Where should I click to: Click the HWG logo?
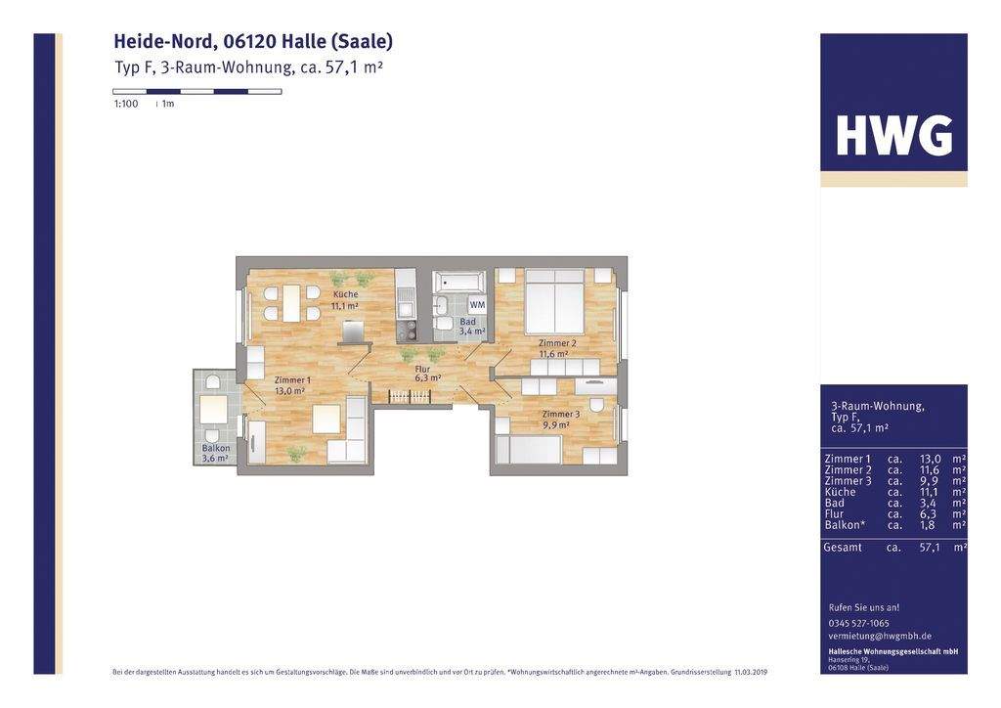click(x=893, y=136)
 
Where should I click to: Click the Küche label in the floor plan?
click(x=345, y=294)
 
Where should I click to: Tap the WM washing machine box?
click(x=477, y=305)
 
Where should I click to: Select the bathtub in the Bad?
click(x=458, y=283)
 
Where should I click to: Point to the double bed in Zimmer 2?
click(x=555, y=302)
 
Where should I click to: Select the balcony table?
click(x=213, y=409)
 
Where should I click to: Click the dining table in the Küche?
click(x=291, y=302)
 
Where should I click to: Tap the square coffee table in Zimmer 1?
click(x=326, y=419)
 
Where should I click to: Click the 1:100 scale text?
click(x=126, y=104)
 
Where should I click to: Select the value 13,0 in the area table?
click(x=931, y=459)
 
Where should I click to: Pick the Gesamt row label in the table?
click(x=843, y=548)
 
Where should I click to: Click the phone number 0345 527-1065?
click(x=859, y=623)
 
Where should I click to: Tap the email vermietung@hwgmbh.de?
click(x=880, y=636)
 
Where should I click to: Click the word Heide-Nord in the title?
click(x=163, y=41)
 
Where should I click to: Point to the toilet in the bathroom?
click(x=443, y=322)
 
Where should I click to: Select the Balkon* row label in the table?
click(x=845, y=524)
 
